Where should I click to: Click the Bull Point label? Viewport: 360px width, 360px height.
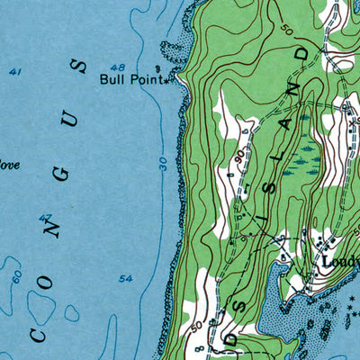click(130, 80)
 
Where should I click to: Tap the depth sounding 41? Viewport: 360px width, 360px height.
click(15, 71)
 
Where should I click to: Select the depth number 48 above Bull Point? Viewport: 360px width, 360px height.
click(117, 67)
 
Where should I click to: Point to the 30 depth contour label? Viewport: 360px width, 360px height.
click(163, 162)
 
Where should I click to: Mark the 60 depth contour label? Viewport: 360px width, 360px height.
click(15, 277)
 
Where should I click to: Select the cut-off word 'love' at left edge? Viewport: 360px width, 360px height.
click(9, 165)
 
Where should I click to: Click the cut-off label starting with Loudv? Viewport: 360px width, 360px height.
click(340, 263)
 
